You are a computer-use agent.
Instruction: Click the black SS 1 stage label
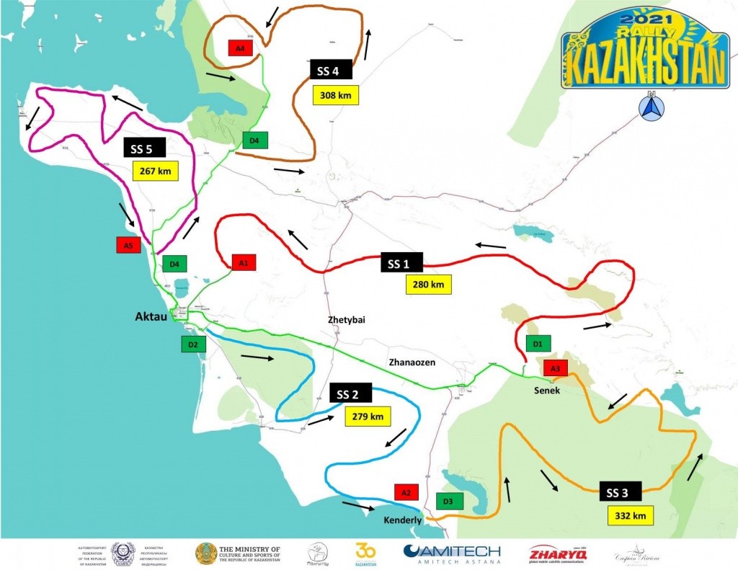click(x=401, y=263)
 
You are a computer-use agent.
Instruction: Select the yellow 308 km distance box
click(x=336, y=94)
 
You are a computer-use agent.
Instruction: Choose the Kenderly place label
click(x=401, y=520)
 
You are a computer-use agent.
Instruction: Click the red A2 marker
click(x=406, y=492)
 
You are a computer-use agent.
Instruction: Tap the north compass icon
click(x=651, y=107)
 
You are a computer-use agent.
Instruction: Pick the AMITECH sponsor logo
click(x=452, y=553)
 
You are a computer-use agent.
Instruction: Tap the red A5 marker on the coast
click(x=128, y=245)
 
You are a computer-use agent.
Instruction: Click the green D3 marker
click(x=448, y=500)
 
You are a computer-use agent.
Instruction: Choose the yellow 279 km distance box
click(x=368, y=416)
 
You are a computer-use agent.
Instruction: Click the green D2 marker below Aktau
click(x=193, y=344)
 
